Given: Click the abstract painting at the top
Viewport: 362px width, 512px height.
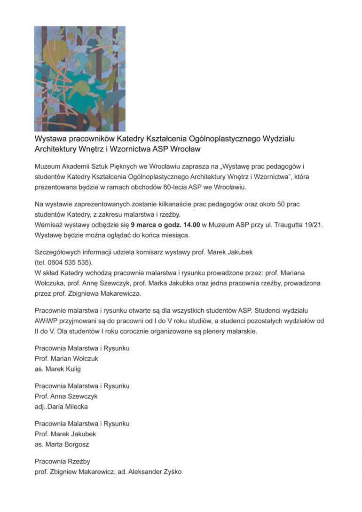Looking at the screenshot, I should click(x=80, y=79).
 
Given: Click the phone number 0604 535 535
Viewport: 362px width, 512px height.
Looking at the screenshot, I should click(x=69, y=262).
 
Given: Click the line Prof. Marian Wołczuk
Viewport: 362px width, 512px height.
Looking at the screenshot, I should click(x=66, y=359).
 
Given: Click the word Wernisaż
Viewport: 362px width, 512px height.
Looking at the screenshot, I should click(x=50, y=225).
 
